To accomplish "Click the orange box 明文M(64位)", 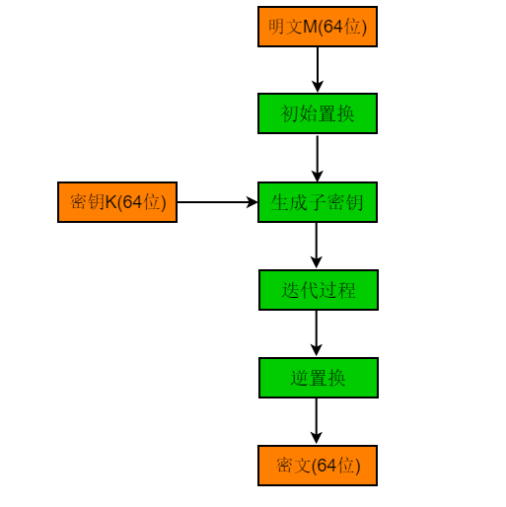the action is pyautogui.click(x=318, y=27).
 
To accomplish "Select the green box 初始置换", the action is pyautogui.click(x=318, y=113).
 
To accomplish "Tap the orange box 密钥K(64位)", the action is pyautogui.click(x=117, y=202).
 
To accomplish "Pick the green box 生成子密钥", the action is pyautogui.click(x=318, y=202).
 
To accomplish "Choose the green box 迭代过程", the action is pyautogui.click(x=319, y=290).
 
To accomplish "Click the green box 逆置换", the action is pyautogui.click(x=319, y=378).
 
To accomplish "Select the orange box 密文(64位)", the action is pyautogui.click(x=318, y=466).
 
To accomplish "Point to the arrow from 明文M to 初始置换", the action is pyautogui.click(x=318, y=70).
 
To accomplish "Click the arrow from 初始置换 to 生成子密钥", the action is pyautogui.click(x=318, y=158).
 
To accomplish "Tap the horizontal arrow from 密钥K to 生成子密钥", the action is pyautogui.click(x=218, y=202).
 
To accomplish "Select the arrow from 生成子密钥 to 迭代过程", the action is pyautogui.click(x=317, y=246).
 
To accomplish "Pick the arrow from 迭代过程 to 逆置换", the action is pyautogui.click(x=317, y=333).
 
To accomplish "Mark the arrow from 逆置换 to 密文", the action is pyautogui.click(x=317, y=421).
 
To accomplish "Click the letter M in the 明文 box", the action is pyautogui.click(x=310, y=27).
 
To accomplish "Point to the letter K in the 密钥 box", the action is pyautogui.click(x=111, y=202).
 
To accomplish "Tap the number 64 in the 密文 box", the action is pyautogui.click(x=326, y=466).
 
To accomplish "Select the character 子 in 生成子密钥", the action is pyautogui.click(x=318, y=202).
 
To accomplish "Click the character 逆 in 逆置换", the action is pyautogui.click(x=299, y=378).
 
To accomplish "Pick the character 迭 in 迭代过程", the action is pyautogui.click(x=290, y=290).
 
